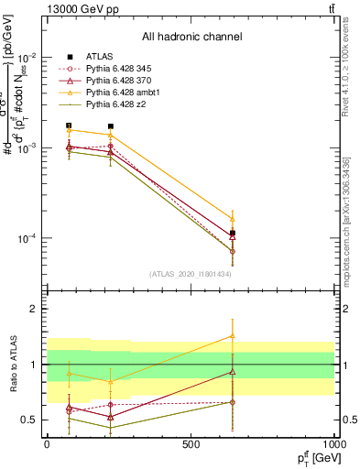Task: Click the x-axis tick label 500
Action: pos(191,443)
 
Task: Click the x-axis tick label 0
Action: pos(47,443)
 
